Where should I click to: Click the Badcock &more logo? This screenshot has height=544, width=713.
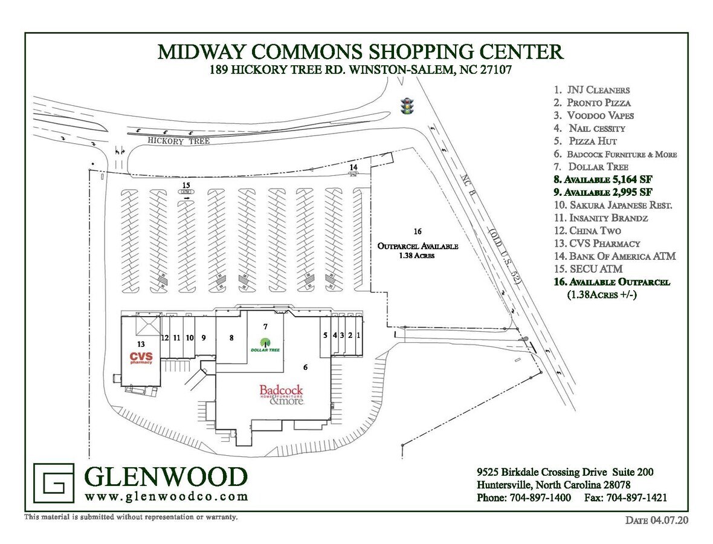coord(281,394)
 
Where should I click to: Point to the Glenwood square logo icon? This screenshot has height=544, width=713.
coord(54,483)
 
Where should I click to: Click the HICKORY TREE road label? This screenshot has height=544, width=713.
coord(179,140)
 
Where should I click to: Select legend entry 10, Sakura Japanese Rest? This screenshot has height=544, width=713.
coord(613,205)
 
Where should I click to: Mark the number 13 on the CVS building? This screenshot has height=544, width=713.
coord(141,343)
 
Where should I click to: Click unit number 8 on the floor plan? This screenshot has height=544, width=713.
coord(231,338)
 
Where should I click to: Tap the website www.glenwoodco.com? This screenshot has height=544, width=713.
coord(167,496)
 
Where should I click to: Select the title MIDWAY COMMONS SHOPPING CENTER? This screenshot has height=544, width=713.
coord(361,51)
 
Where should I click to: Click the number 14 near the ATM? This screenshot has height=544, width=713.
coord(354,166)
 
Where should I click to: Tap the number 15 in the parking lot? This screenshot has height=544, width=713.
coord(186,184)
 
